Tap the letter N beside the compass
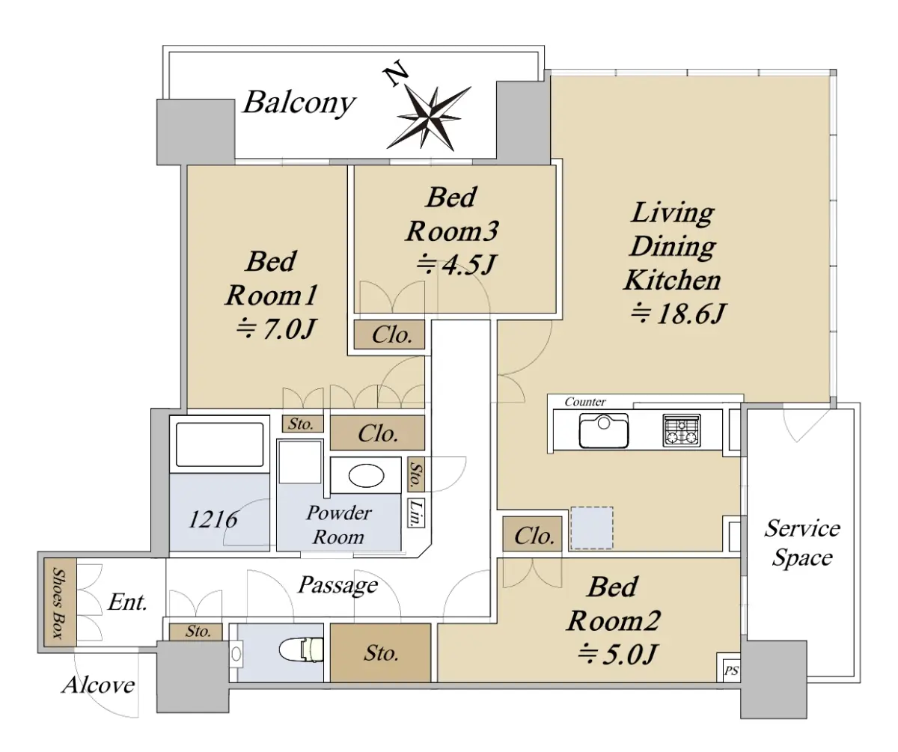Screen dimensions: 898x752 [396, 73]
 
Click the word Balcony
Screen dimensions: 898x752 [299, 103]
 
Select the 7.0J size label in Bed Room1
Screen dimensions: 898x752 [277, 330]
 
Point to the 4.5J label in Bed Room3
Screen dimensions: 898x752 [456, 265]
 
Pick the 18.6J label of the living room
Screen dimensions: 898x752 [679, 314]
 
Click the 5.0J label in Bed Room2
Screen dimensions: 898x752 [617, 655]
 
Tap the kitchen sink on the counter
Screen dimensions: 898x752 [603, 430]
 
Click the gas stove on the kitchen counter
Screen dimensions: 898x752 [682, 430]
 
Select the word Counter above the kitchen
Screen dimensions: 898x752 [585, 402]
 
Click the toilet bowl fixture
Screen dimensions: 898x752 [301, 650]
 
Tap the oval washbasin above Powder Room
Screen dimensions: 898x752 [366, 476]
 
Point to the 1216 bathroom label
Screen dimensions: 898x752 [213, 519]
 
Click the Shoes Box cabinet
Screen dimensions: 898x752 [60, 602]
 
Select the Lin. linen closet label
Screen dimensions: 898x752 [416, 513]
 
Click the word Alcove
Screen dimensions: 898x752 [99, 685]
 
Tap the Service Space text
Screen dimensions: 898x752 [802, 543]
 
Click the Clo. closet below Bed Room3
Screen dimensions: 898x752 [389, 334]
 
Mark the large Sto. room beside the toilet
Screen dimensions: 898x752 [381, 652]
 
